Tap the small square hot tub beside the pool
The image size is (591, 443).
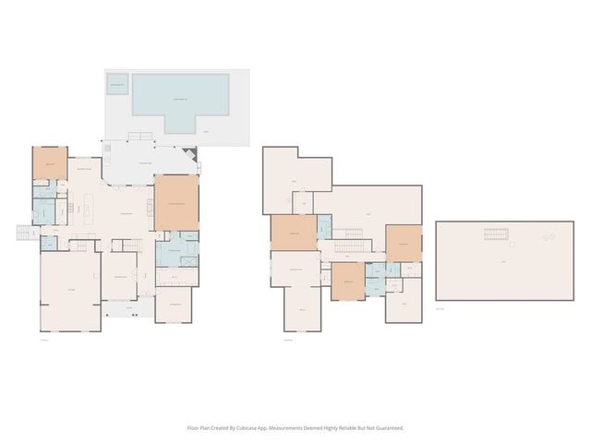tap(117, 86)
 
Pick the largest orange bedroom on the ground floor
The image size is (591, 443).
tap(175, 202)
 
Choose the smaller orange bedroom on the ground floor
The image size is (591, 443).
tap(50, 163)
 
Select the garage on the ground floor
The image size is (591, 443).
tap(70, 291)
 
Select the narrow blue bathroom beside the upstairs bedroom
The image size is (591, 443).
tap(323, 224)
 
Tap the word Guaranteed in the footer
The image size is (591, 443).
tap(387, 428)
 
